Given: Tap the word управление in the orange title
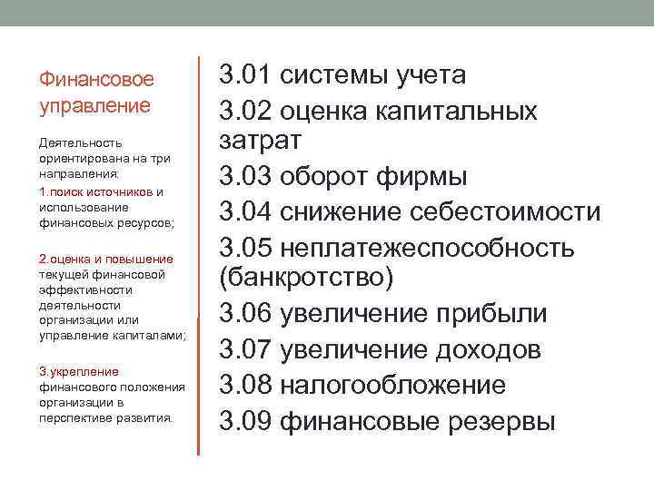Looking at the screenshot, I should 94,105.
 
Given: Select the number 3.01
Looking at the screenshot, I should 245,74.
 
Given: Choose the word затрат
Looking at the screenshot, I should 257,141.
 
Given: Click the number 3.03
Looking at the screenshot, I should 245,176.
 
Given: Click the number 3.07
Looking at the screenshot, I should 245,349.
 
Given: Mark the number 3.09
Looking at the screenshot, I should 245,421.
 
